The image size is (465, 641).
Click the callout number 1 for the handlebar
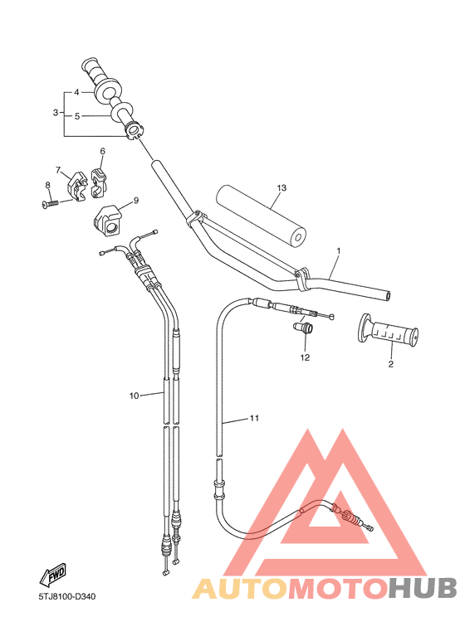coord(338,250)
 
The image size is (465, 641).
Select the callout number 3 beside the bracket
coord(56,112)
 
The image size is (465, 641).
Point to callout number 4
coord(76,92)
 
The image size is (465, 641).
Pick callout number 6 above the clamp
coord(103,152)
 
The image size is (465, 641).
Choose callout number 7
coord(59,169)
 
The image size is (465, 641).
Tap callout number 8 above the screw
coord(47,185)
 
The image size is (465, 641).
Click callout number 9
coord(135,200)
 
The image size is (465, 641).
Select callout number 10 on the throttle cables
coord(134,396)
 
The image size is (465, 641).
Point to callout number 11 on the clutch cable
coord(254,419)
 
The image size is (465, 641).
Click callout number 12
coord(305,357)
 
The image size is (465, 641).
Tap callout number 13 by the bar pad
coord(281,188)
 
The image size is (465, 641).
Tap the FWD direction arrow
coord(52,575)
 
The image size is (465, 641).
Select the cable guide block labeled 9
coord(108,219)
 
